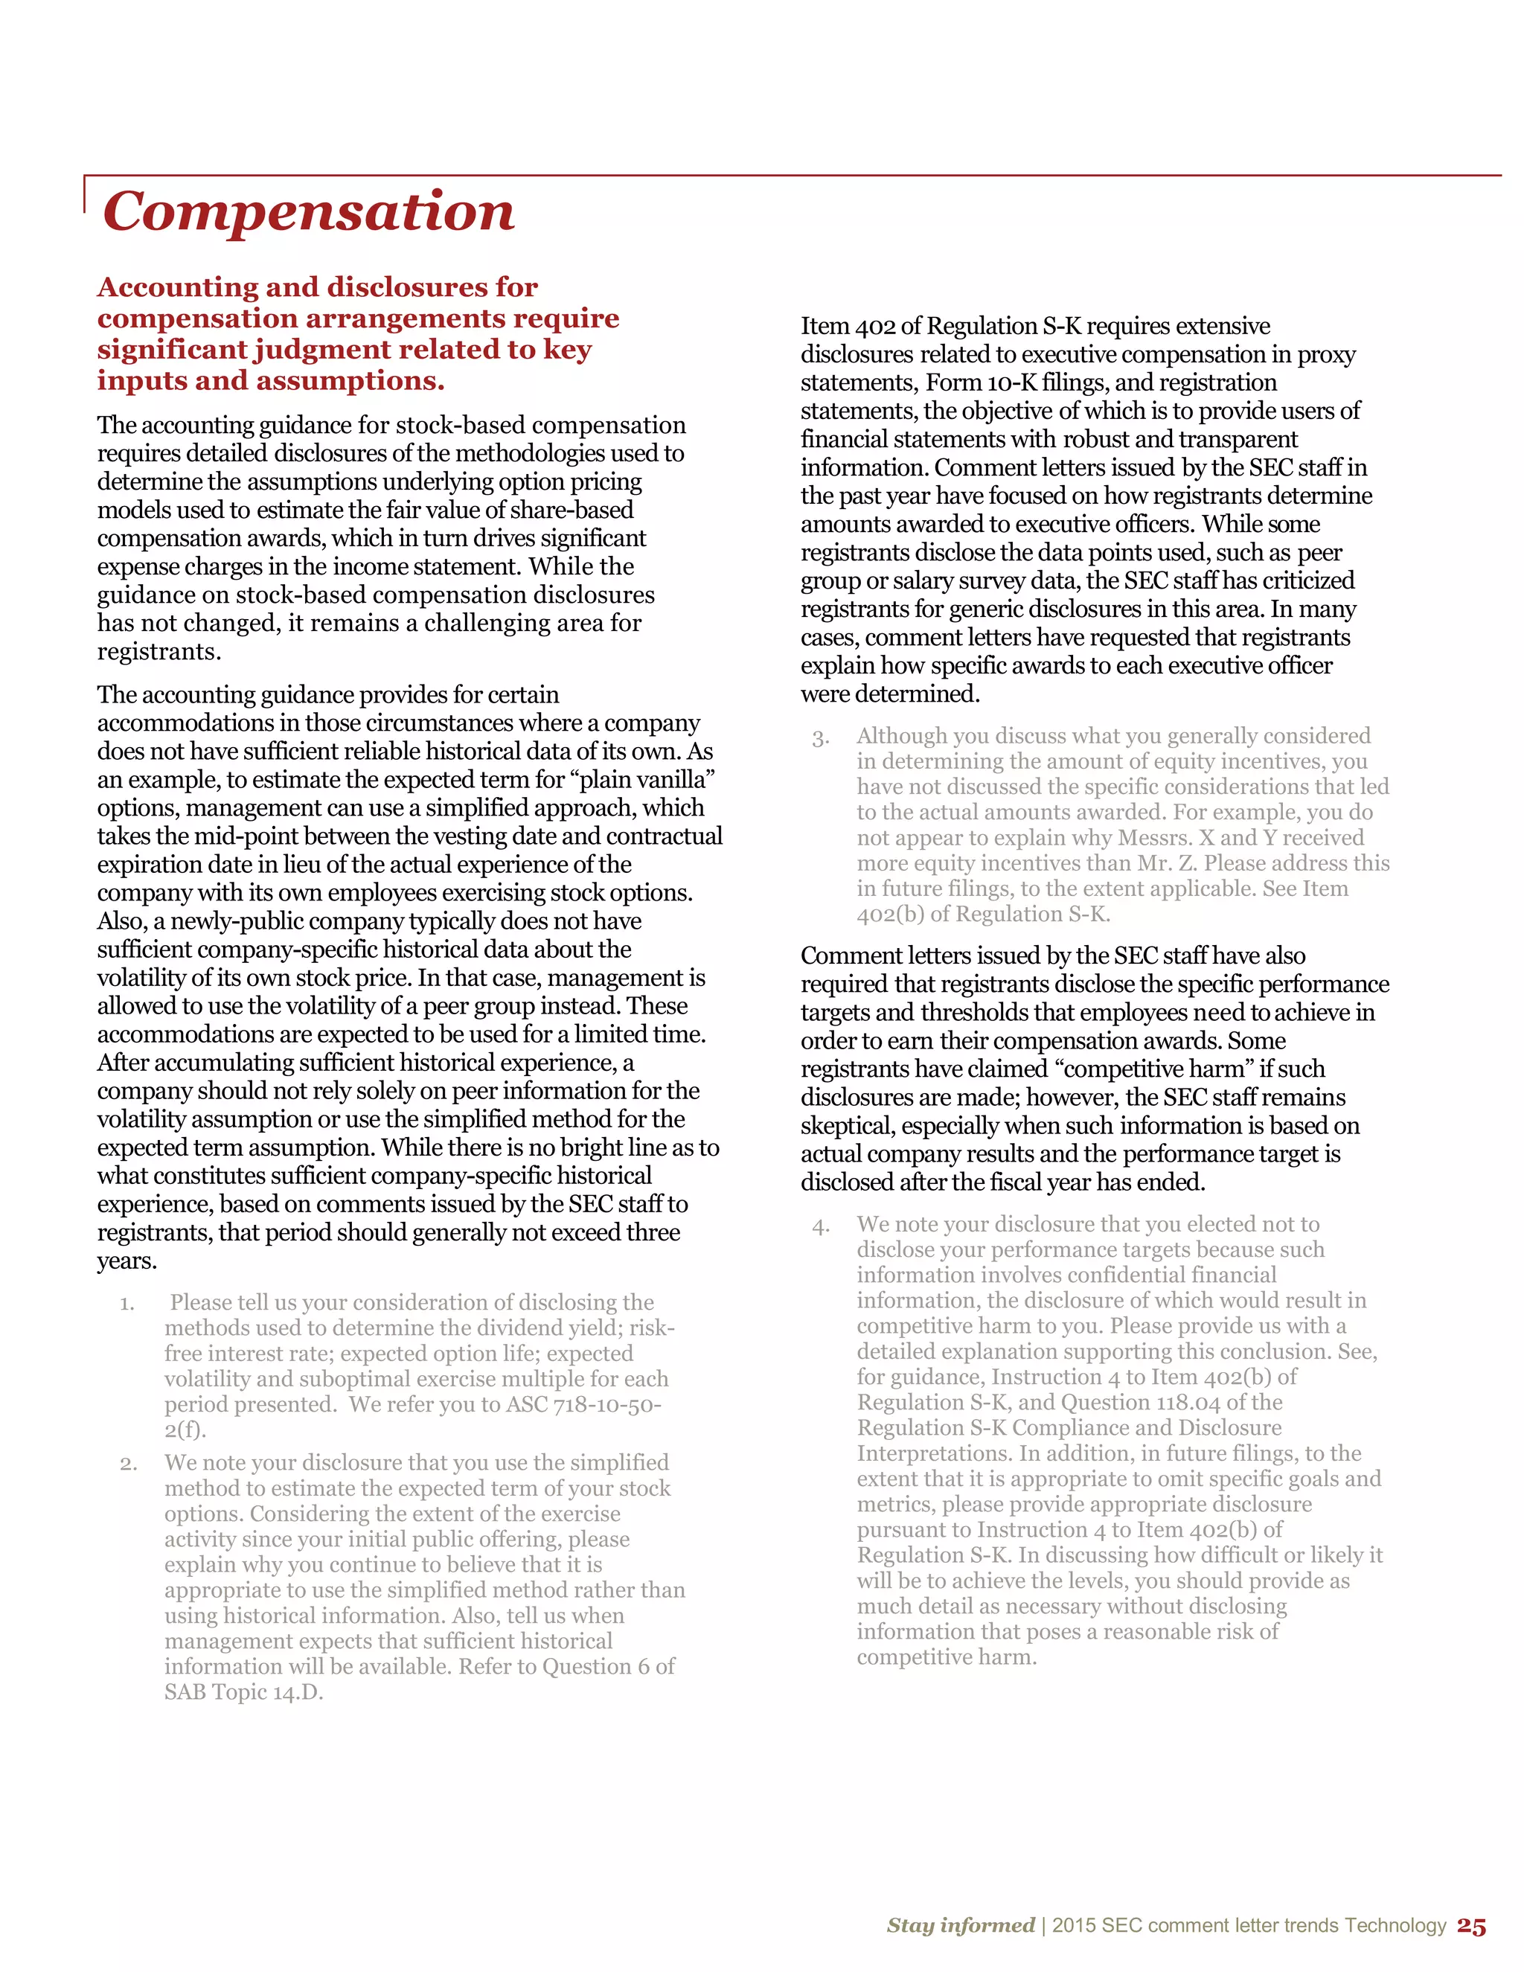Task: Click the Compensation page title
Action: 308,211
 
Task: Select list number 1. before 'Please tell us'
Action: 127,1304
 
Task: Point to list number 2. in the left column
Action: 127,1464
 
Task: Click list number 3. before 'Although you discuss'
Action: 820,739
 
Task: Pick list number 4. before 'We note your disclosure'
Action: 820,1226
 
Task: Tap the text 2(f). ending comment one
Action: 185,1430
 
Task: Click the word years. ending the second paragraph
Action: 127,1261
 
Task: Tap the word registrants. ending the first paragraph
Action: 159,652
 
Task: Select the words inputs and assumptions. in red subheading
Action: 271,380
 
